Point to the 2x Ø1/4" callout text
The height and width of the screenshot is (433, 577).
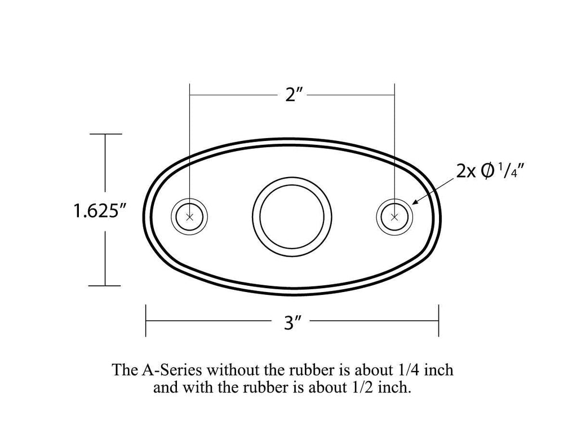[490, 171]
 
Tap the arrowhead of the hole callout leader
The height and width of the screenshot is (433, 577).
[415, 202]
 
